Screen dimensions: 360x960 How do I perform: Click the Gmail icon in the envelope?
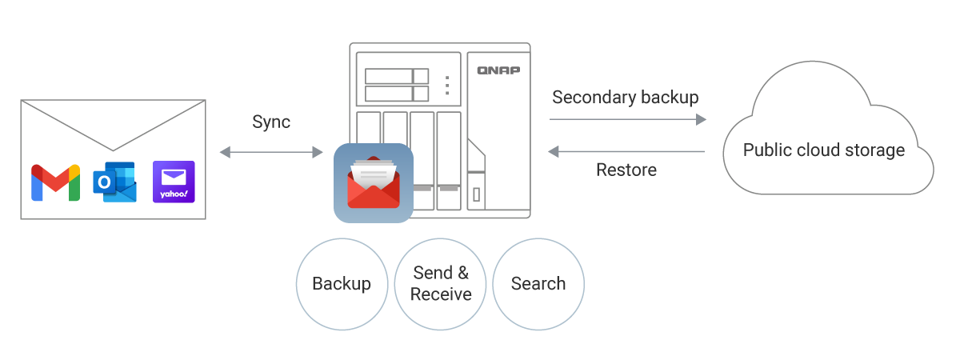(x=55, y=182)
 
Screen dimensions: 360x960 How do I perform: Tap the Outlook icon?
(x=114, y=182)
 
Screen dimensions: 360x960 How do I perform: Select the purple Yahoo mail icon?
(x=174, y=182)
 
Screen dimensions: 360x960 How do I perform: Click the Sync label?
(x=271, y=122)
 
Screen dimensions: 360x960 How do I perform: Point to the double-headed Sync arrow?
(x=271, y=151)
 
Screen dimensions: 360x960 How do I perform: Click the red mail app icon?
(x=374, y=183)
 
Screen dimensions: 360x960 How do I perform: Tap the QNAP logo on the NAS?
(x=498, y=70)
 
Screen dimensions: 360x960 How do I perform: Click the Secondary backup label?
(x=626, y=98)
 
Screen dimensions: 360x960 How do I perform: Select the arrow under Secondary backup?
(x=627, y=120)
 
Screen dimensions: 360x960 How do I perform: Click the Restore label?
(x=626, y=170)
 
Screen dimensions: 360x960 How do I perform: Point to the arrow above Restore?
(x=626, y=150)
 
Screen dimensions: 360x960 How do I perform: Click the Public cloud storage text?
(x=824, y=150)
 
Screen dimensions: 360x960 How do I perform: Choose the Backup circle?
(x=342, y=284)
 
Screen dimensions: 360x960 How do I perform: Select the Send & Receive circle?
(x=441, y=284)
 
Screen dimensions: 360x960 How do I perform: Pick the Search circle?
(x=538, y=284)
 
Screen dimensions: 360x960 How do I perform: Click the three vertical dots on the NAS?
(x=447, y=85)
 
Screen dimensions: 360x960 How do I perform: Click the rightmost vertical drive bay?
(x=450, y=160)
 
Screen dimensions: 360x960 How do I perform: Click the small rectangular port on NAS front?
(x=476, y=194)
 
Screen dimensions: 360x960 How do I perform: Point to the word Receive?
(x=441, y=294)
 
